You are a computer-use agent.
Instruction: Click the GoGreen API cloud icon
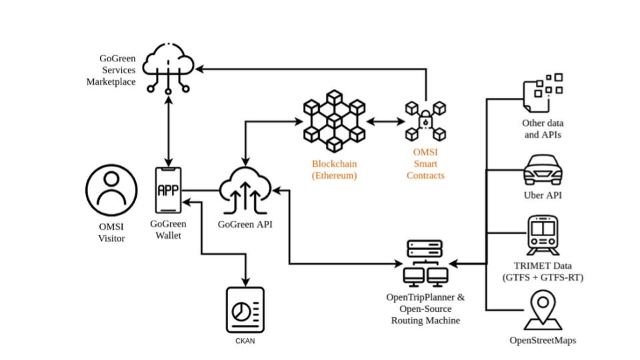tap(246, 189)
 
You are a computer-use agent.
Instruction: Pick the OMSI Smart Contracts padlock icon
tap(425, 121)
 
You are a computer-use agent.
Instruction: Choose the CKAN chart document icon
tap(245, 310)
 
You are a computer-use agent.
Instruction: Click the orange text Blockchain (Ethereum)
tap(334, 169)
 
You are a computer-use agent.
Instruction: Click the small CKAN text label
tap(245, 341)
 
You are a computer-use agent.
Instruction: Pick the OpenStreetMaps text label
tap(543, 341)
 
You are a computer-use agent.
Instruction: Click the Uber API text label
tap(543, 196)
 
